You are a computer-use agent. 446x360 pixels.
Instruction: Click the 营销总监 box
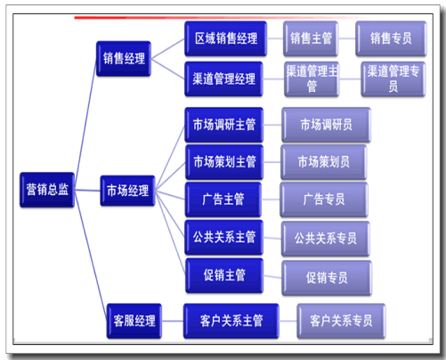coord(47,190)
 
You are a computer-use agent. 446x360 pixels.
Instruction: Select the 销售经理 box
coord(124,59)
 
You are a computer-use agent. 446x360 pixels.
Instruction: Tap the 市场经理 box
coord(127,191)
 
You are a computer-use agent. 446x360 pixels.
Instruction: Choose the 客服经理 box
coord(134,321)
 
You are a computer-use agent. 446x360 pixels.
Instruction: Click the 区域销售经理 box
coord(226,38)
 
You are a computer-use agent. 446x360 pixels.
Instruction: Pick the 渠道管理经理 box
coord(223,79)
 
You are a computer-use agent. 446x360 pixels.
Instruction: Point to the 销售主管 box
coord(311,38)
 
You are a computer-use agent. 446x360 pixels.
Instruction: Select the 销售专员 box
coord(391,38)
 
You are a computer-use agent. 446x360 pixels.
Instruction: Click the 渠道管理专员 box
coord(393,79)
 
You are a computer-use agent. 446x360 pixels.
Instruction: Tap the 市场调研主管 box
coord(224,125)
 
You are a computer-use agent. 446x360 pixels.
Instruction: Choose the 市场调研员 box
coord(326,125)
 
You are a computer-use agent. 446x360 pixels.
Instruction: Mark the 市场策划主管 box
coord(224,162)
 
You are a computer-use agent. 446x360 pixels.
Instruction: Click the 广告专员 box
coord(324,200)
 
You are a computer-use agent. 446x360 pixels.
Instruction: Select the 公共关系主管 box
coord(224,237)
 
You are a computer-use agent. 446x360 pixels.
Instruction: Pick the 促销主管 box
coord(224,275)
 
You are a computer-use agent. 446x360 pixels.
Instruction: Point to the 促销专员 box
coord(327,278)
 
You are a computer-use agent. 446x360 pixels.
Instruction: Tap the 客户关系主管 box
coord(231,321)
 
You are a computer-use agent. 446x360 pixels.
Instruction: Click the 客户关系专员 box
coord(341,321)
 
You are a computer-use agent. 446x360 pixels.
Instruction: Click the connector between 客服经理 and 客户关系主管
coord(173,321)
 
